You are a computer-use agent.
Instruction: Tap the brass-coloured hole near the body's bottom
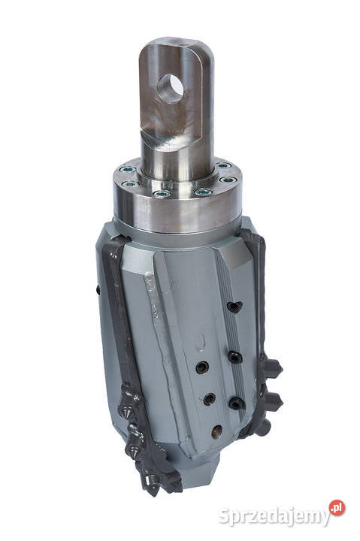[x=216, y=431]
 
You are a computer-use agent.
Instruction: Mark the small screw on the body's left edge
[x=98, y=290]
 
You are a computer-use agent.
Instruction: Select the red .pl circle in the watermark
[x=337, y=509]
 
